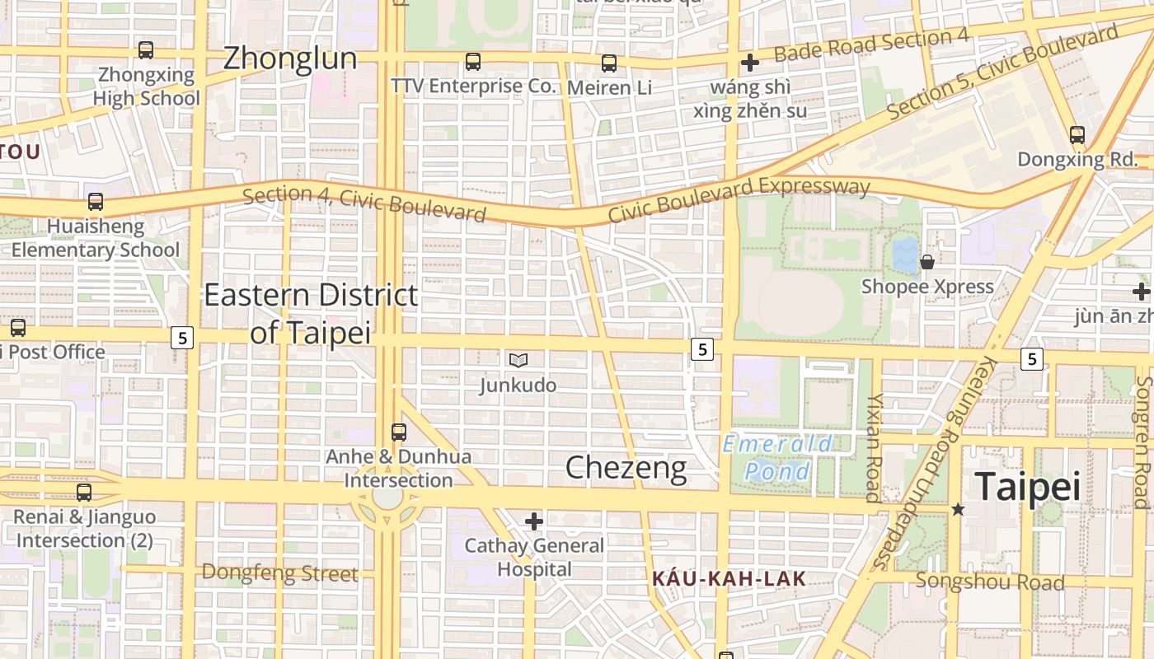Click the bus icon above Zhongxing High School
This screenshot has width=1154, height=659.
[146, 50]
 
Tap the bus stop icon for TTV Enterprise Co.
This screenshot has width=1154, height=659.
[472, 62]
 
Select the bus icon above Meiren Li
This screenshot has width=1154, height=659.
[609, 63]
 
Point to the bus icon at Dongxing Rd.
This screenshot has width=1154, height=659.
[1077, 135]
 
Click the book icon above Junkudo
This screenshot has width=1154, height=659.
[518, 360]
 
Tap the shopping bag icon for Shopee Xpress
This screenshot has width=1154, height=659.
[927, 262]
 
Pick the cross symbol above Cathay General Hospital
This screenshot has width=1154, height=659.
[534, 521]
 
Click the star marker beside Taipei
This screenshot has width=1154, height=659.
[958, 510]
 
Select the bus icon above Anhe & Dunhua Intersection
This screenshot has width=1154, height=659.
[399, 432]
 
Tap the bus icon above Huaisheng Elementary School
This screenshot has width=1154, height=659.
[96, 202]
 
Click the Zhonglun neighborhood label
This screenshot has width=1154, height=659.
[290, 58]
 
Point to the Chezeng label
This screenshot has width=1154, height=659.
[626, 468]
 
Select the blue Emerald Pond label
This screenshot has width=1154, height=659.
[777, 458]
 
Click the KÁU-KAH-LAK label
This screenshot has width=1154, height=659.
[729, 579]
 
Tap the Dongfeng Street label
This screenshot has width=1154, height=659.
[279, 573]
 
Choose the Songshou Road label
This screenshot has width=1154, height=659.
[990, 582]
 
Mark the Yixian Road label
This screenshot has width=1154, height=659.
[873, 446]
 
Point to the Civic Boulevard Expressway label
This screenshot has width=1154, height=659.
[739, 199]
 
